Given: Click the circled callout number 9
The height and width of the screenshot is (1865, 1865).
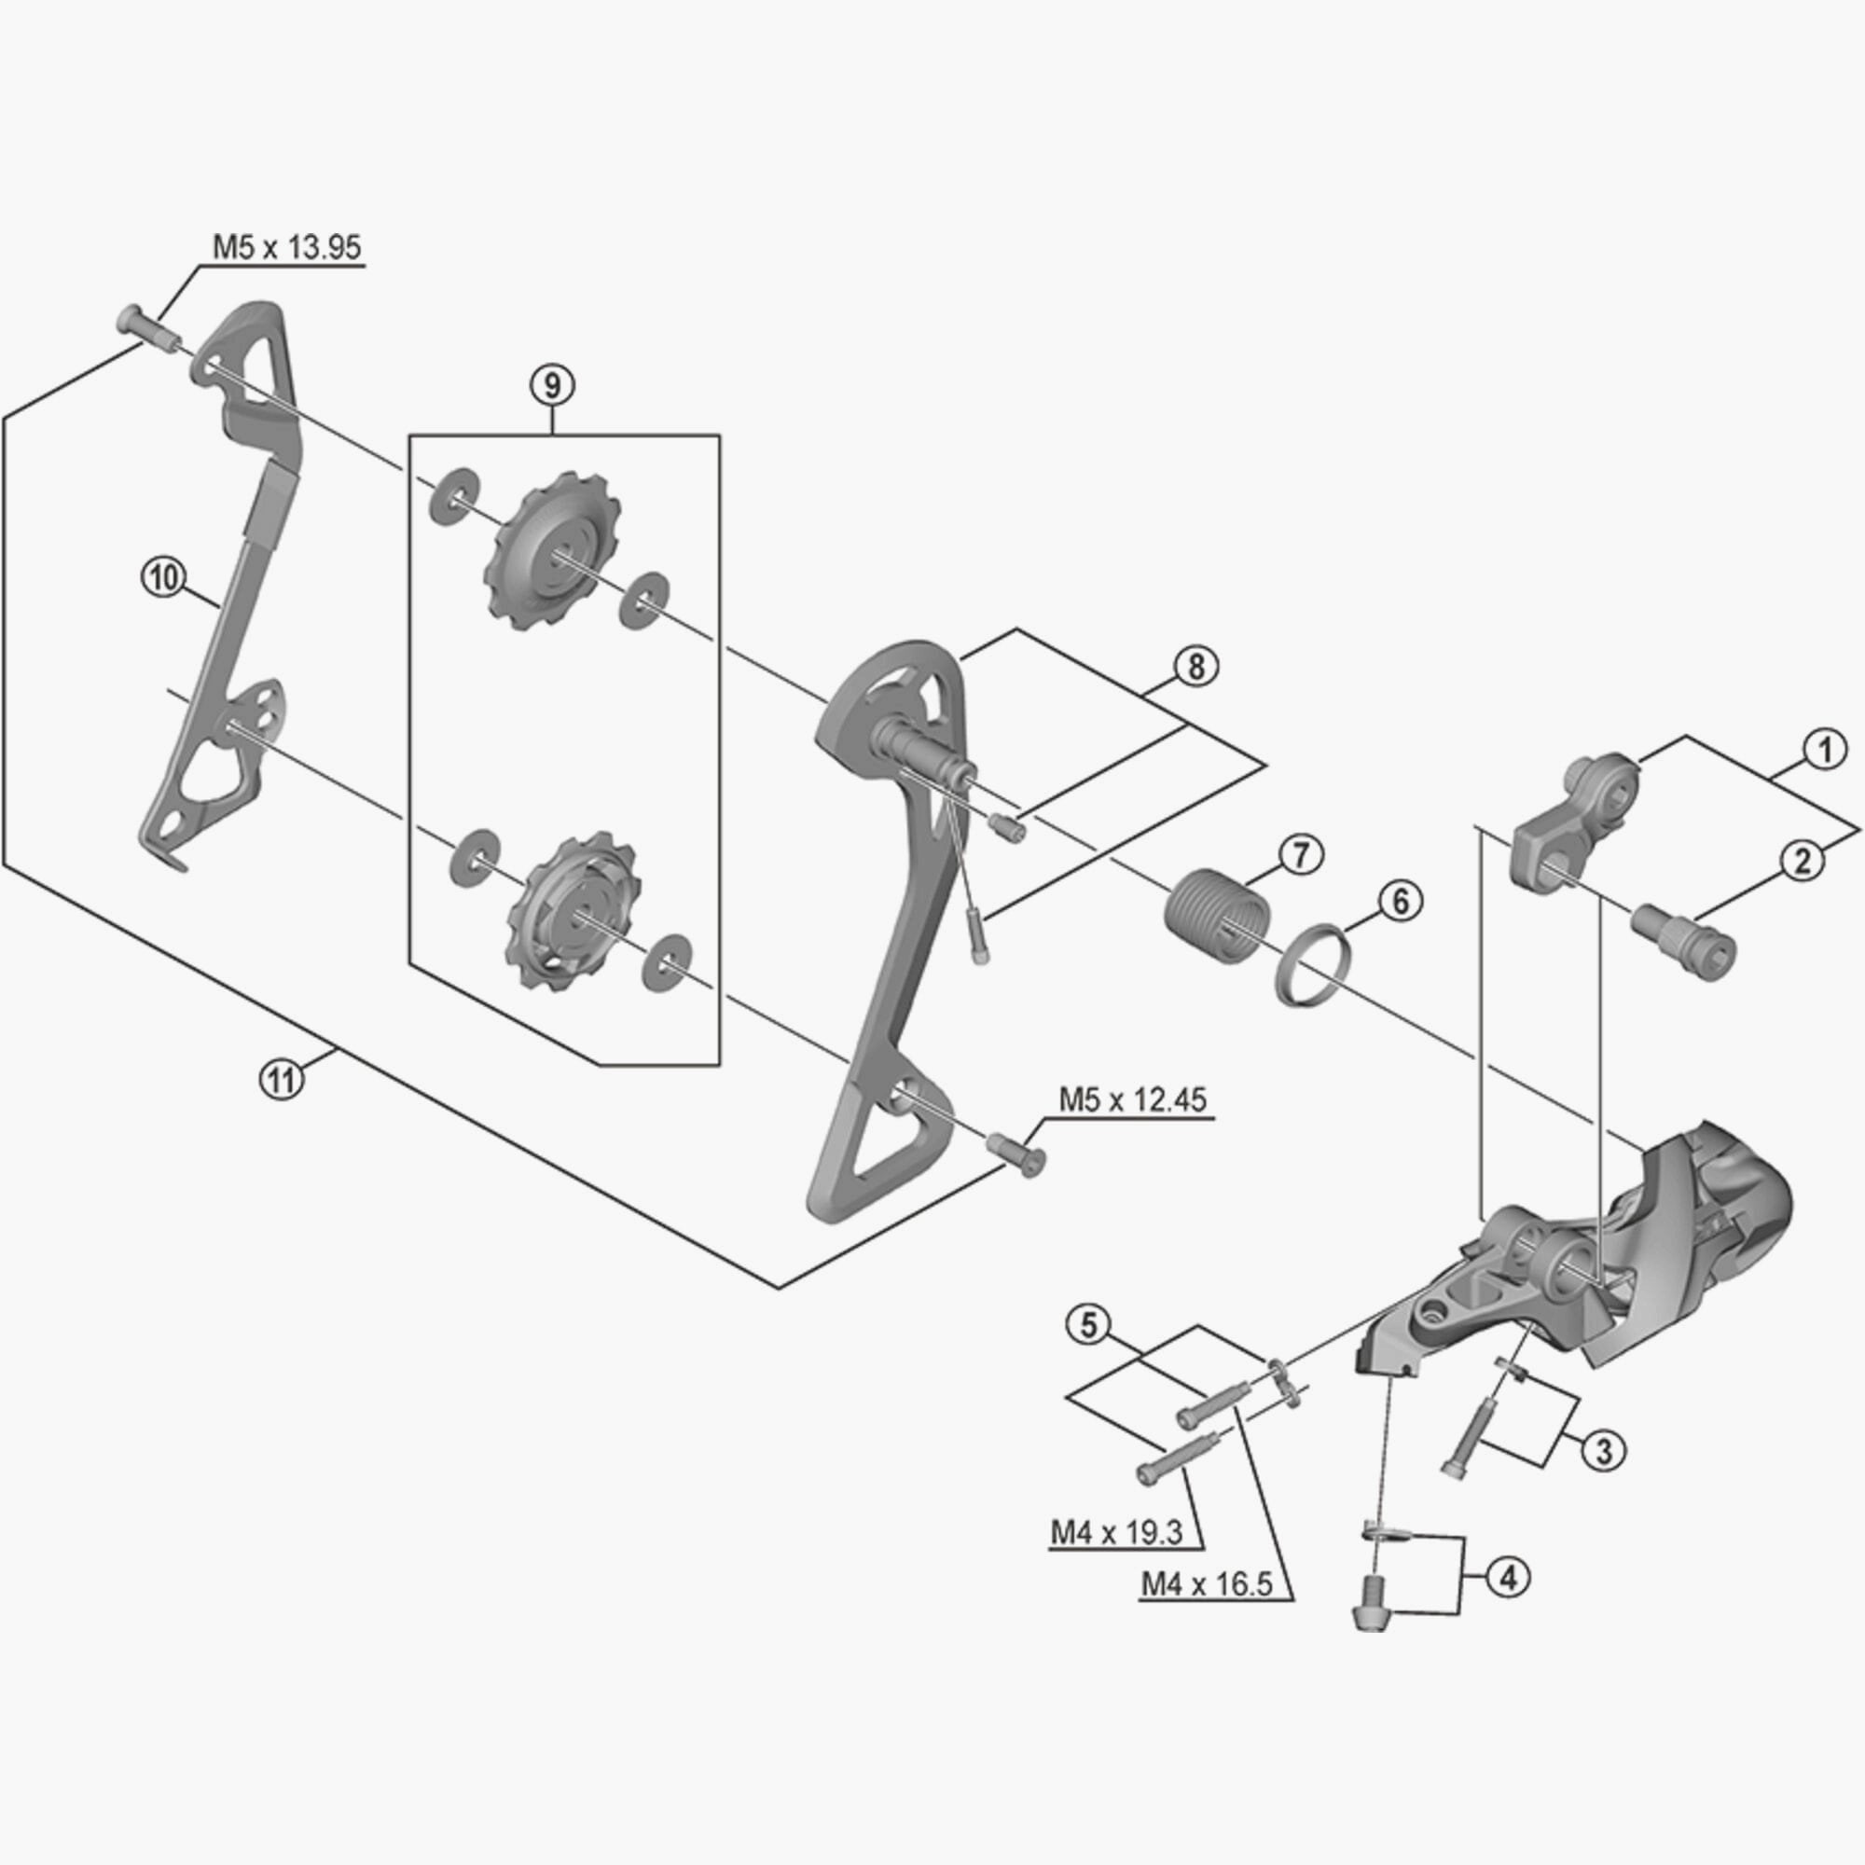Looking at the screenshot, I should point(551,385).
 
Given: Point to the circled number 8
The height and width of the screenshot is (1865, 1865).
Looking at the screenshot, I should point(1196,666).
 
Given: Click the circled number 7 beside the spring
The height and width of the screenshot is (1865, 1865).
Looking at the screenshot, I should point(1300,856).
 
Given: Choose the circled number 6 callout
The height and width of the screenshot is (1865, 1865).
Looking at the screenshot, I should point(1400,902).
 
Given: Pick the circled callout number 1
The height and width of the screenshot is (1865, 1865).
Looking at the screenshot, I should point(1823,750).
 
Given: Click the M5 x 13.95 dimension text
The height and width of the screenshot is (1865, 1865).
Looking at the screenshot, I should point(286,247).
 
